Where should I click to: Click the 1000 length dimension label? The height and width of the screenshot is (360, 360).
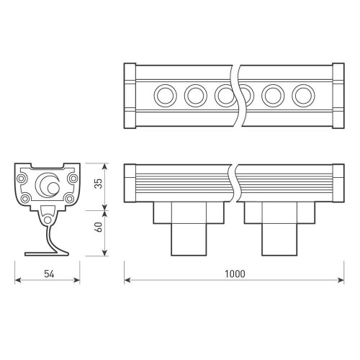click(234, 274)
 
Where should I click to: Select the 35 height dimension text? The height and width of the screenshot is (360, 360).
click(99, 184)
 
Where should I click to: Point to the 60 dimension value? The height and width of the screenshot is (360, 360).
click(99, 231)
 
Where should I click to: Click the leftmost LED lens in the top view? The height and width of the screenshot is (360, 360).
click(164, 94)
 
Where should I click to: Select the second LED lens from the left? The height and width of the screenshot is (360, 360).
click(195, 94)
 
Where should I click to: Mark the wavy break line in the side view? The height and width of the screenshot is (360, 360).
click(235, 183)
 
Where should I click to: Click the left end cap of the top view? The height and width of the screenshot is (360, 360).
click(130, 94)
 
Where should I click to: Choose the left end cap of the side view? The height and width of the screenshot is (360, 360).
click(130, 183)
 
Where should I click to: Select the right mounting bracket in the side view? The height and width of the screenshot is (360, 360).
click(279, 227)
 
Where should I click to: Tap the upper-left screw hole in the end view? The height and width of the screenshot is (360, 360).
click(24, 175)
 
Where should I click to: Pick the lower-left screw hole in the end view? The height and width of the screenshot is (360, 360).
click(26, 198)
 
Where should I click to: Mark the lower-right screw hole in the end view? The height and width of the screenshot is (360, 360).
click(69, 198)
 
